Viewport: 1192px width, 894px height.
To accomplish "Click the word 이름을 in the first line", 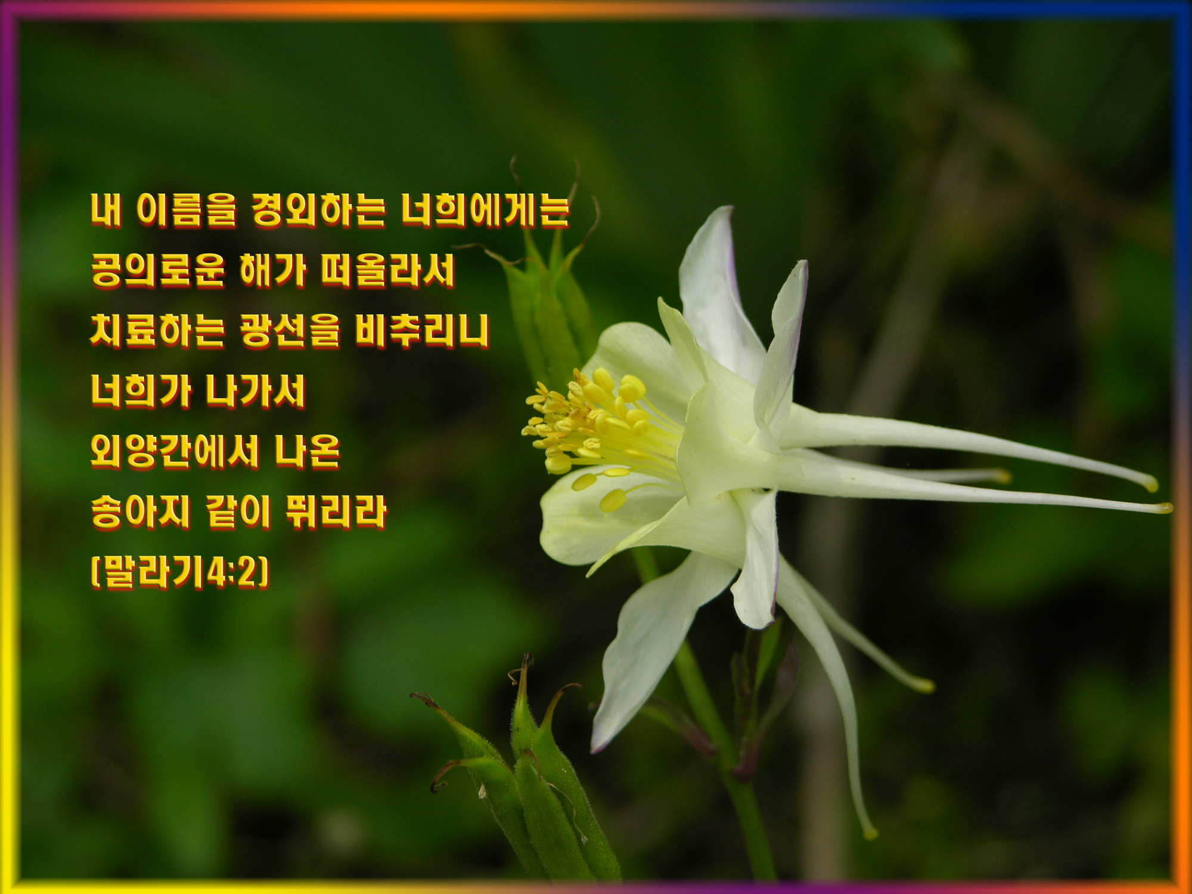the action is click(187, 210).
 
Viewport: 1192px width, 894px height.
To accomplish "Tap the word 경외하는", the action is click(318, 210).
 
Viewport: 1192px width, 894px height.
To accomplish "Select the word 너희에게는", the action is click(485, 210).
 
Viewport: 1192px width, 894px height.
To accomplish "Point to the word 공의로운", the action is click(158, 271).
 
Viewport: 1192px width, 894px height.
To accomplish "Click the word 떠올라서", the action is click(387, 271).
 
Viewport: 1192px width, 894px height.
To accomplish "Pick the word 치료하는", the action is click(157, 331).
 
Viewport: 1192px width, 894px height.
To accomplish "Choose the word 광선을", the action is click(290, 331).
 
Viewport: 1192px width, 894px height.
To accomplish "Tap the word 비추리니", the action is click(422, 331).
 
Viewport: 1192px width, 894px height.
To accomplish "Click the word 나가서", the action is click(256, 392).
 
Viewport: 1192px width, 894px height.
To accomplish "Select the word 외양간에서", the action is click(175, 451).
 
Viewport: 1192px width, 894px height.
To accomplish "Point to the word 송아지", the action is click(141, 512).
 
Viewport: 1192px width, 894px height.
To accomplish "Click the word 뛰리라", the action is click(336, 512).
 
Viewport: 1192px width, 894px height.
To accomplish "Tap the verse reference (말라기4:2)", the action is click(180, 572).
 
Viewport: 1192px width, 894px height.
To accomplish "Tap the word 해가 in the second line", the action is click(273, 271).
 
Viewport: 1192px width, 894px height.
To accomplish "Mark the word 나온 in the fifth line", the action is click(308, 451).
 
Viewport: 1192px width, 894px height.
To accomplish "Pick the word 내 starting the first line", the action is click(106, 210).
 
